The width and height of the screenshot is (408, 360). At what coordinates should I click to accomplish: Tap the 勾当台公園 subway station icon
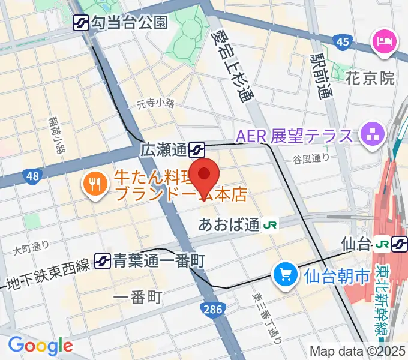coord(80,23)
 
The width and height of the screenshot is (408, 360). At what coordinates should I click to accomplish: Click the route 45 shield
coord(343,41)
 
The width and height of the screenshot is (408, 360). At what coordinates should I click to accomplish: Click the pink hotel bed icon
coord(383,41)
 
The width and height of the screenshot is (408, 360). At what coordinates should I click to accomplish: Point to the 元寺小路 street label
coord(155,103)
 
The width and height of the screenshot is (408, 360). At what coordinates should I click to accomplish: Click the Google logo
coord(40,346)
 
